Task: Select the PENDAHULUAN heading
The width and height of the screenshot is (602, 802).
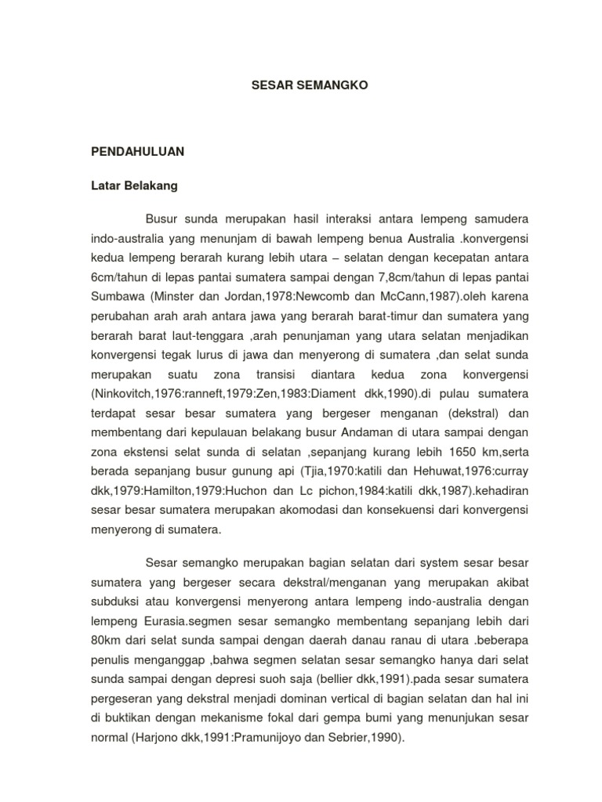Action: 137,152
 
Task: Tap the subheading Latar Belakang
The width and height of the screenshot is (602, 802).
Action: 133,186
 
